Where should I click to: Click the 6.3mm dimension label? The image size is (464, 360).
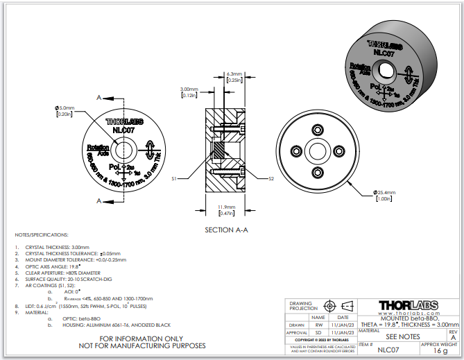click(234, 73)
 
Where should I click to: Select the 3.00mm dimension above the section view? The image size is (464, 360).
click(189, 89)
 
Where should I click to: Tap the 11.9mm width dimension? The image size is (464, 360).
click(225, 207)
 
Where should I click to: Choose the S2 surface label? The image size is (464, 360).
click(271, 178)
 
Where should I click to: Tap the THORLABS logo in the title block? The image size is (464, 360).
click(418, 305)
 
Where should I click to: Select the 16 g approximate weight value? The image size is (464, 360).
click(440, 352)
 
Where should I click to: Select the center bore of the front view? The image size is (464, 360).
click(126, 150)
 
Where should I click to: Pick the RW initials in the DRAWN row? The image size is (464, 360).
click(319, 325)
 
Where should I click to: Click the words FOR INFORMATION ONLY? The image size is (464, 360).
click(143, 338)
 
